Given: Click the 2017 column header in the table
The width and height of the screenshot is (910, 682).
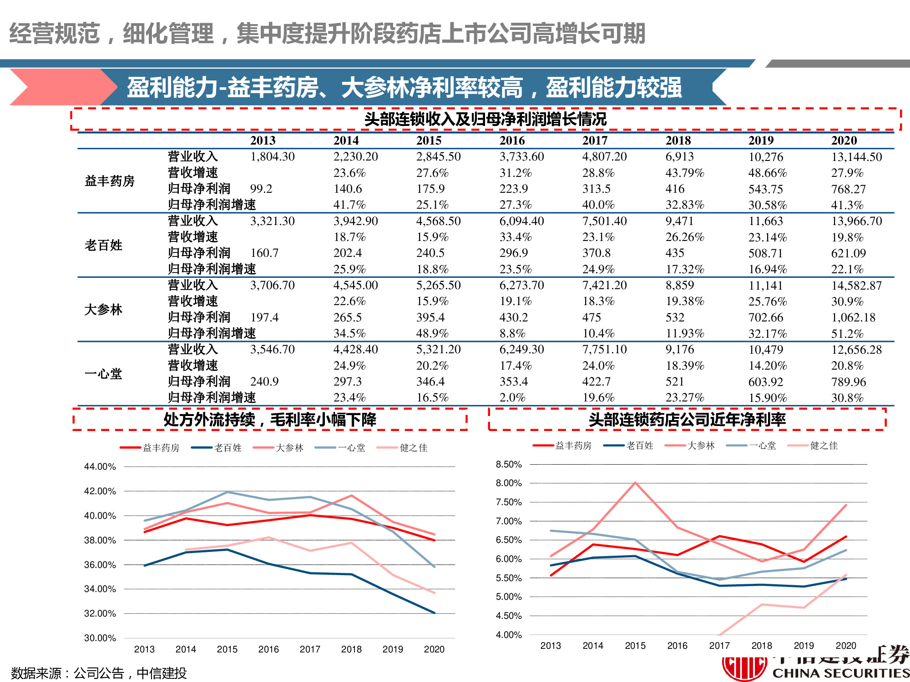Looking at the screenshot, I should [595, 140].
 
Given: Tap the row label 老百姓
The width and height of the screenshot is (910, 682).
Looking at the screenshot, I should [103, 246].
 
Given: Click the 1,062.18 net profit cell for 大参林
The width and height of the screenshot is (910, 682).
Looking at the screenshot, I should [853, 317].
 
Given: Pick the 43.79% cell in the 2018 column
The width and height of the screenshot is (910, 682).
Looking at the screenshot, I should [684, 173].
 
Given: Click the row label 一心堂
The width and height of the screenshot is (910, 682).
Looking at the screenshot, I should [103, 374].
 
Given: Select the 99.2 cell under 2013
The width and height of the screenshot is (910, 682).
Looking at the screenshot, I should [261, 189].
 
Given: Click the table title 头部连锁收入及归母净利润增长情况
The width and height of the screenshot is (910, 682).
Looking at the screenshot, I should [485, 119].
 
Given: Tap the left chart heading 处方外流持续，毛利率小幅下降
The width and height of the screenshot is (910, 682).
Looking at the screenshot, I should [270, 419].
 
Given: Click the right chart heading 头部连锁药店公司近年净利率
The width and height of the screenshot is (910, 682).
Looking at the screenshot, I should [687, 419].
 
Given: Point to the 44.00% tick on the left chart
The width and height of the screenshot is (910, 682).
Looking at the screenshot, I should [100, 466].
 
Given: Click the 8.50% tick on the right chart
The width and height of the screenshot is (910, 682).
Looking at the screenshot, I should [509, 464].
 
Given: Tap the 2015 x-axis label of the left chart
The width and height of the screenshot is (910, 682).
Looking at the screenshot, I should [227, 649].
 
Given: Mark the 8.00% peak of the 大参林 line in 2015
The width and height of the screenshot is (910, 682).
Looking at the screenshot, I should [635, 483].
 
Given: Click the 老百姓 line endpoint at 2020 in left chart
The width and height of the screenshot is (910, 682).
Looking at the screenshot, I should [434, 612].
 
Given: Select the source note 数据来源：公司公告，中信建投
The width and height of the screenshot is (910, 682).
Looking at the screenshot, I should [99, 673].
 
